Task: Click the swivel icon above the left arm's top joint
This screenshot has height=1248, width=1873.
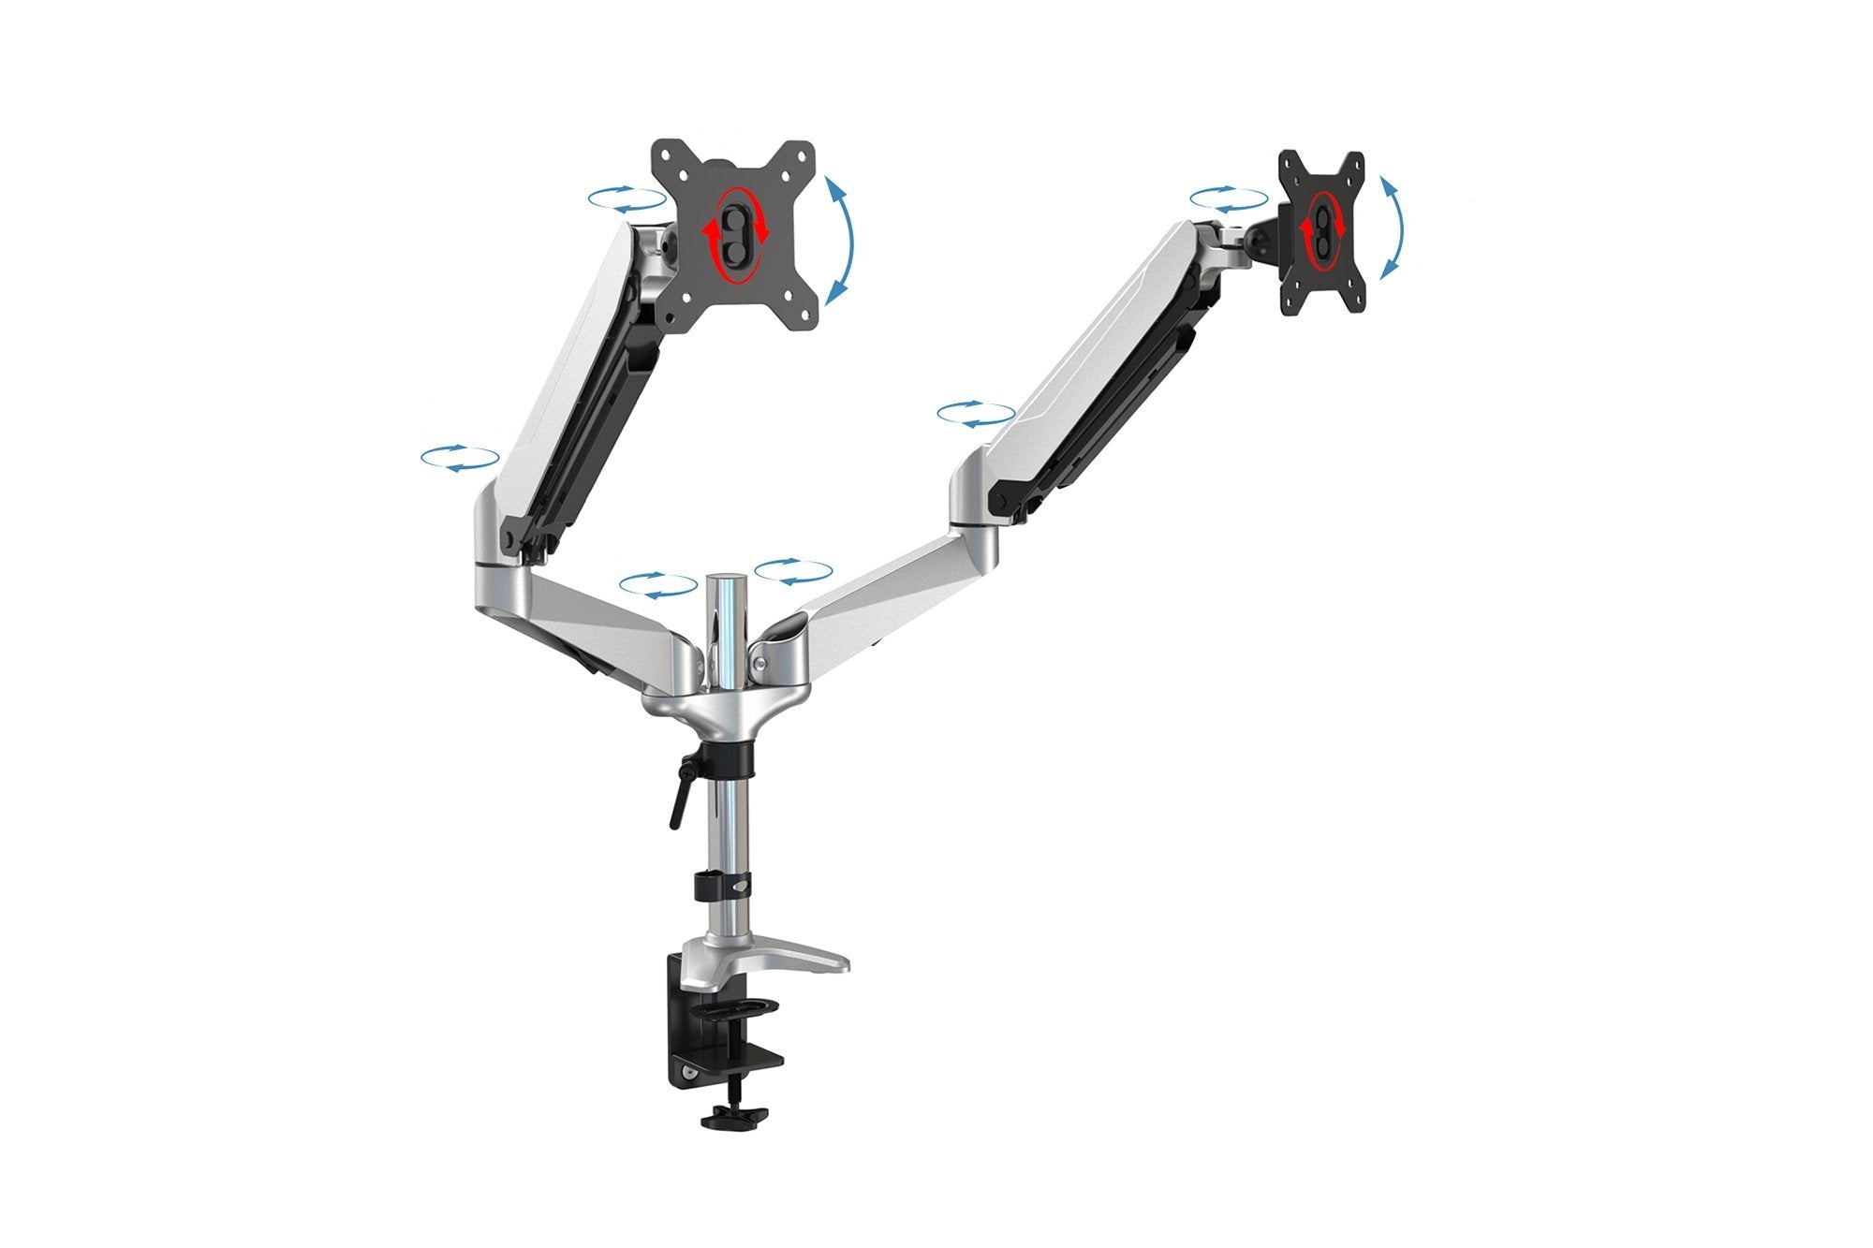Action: (x=627, y=198)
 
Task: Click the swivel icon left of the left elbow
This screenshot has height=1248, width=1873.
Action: (x=460, y=458)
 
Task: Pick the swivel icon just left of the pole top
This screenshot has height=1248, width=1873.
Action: (x=658, y=585)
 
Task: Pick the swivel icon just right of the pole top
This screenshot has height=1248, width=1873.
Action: (x=793, y=572)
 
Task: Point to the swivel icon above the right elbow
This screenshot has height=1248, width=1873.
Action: (x=976, y=414)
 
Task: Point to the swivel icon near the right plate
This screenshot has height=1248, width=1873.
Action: (x=1229, y=198)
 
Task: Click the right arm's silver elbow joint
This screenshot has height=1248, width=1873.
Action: (x=974, y=487)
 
